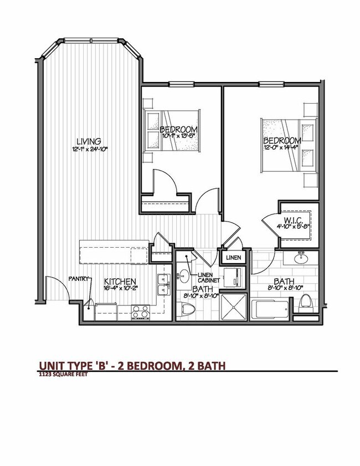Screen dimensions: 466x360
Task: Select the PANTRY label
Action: (79, 279)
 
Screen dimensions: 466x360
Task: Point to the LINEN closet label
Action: (232, 258)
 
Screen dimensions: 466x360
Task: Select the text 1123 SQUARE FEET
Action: (63, 374)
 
